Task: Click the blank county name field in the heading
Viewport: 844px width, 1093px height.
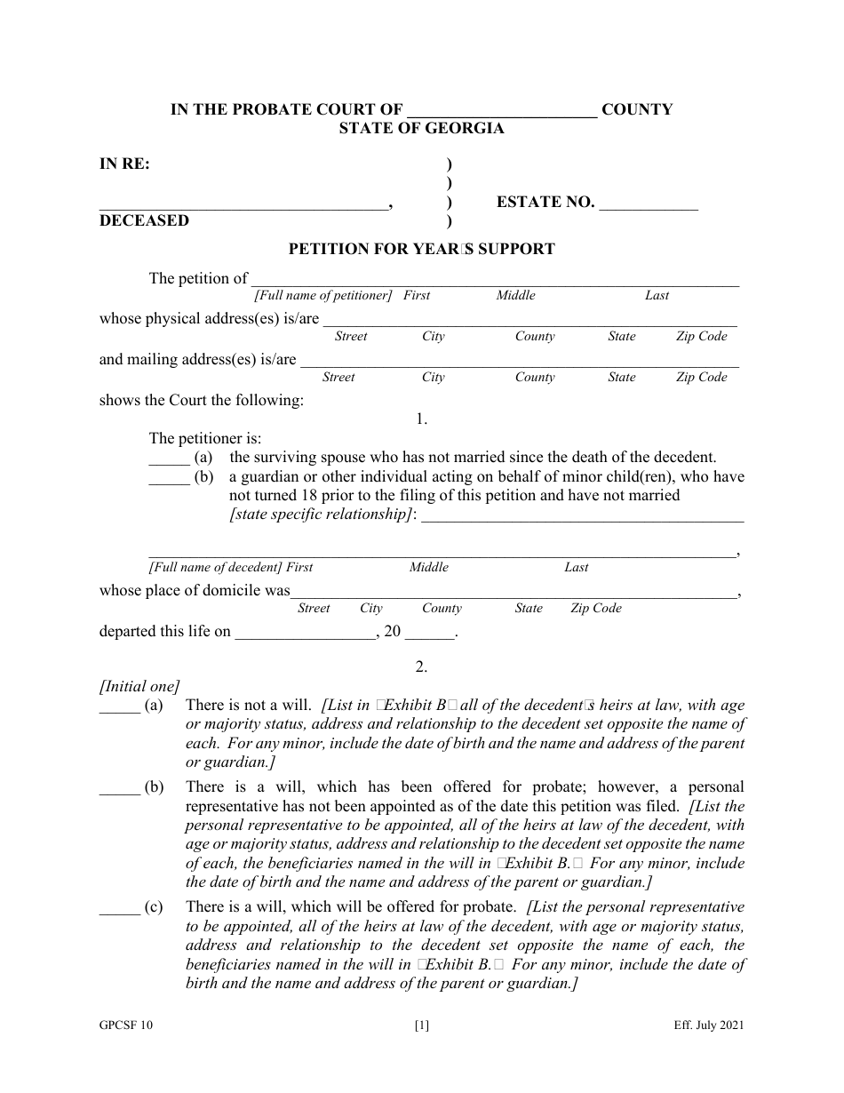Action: tap(502, 110)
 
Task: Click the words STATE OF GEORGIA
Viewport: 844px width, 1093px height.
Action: tap(421, 128)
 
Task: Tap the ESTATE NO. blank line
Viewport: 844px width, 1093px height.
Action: tap(649, 203)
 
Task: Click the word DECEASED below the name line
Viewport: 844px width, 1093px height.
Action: tap(144, 220)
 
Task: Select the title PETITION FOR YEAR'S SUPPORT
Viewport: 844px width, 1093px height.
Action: tap(421, 249)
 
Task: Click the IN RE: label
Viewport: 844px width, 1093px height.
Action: tap(124, 164)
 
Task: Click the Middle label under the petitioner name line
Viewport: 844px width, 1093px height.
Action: tap(515, 295)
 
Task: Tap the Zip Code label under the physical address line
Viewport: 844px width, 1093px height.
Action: tap(701, 336)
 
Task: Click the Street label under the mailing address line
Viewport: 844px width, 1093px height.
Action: tap(338, 377)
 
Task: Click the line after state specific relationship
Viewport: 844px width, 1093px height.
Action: tap(582, 517)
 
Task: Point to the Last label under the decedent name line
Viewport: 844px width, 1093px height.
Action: tap(577, 567)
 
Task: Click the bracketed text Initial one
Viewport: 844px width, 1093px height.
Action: tap(139, 686)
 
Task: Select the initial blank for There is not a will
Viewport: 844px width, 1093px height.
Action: tap(119, 706)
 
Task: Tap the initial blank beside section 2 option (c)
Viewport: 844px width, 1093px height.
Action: tap(119, 908)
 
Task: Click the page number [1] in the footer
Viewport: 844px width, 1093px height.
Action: tap(422, 1025)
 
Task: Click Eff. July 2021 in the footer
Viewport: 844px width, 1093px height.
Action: tap(708, 1025)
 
